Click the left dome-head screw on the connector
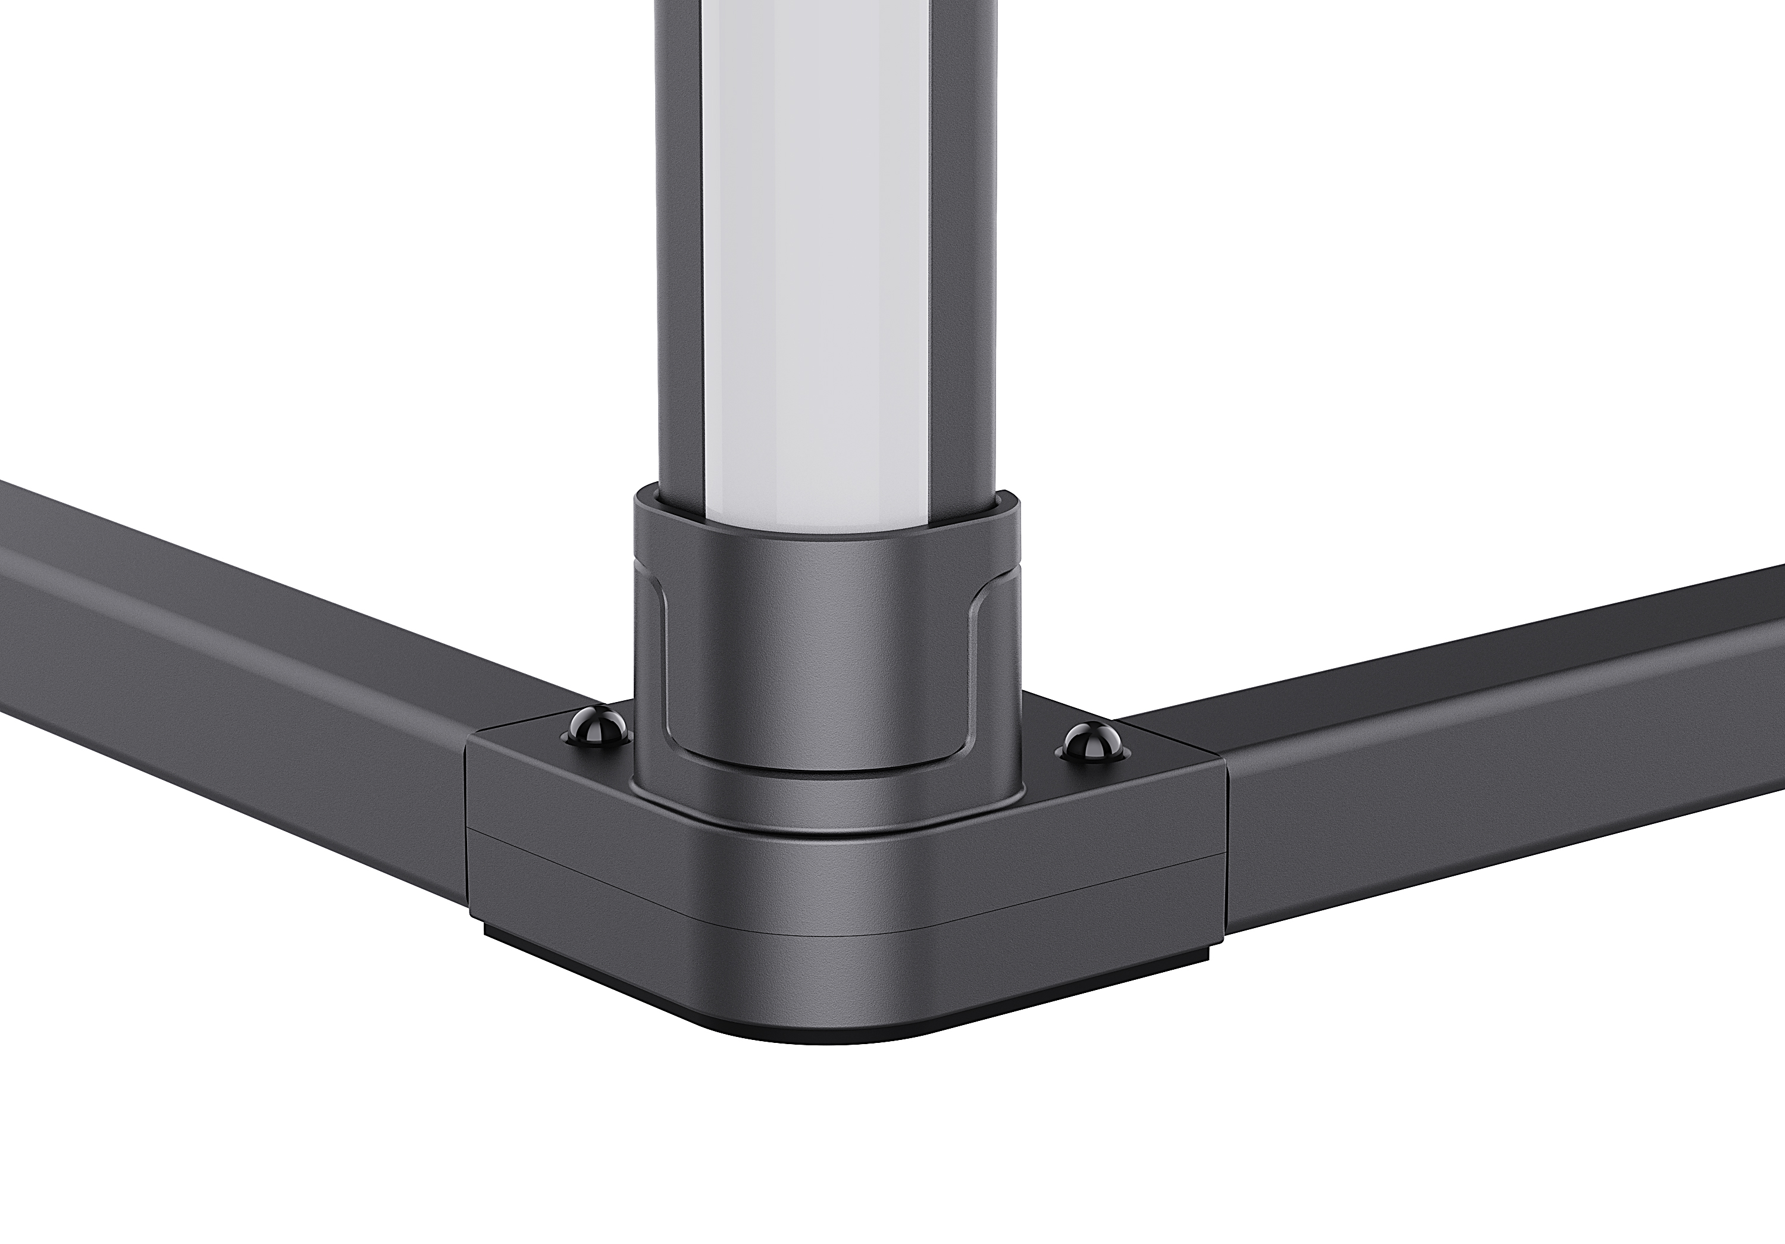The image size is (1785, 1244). (596, 727)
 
